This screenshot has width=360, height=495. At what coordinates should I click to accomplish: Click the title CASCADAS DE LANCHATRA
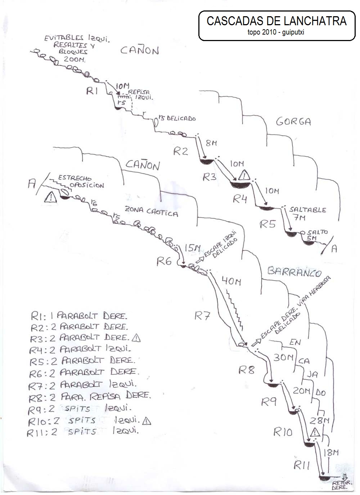coord(276,21)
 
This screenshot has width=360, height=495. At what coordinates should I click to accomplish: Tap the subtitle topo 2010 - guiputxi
coord(276,32)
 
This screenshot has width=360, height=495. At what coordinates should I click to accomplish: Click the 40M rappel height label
coord(231,281)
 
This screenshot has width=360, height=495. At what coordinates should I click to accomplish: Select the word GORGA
coord(293,122)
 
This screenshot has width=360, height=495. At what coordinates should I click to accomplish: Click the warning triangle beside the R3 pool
coord(244,175)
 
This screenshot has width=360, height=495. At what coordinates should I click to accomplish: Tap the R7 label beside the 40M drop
coord(202,316)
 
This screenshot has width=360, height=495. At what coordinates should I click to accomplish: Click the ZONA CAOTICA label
coord(151,211)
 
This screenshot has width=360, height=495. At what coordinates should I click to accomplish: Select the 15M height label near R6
coord(192,248)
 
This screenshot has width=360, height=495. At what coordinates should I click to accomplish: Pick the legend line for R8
coord(90,396)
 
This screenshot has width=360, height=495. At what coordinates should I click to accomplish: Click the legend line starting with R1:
coord(79,316)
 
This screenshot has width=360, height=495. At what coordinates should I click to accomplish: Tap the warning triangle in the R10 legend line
coord(147,420)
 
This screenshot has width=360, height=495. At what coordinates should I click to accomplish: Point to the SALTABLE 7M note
coord(307,213)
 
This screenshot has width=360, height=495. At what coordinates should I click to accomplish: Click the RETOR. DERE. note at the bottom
coord(340,485)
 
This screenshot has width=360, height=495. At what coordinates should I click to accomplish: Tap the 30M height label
coord(283,357)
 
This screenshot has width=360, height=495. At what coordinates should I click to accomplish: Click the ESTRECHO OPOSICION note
coord(81,182)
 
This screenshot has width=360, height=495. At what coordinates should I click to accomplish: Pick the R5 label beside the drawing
coord(267,224)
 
